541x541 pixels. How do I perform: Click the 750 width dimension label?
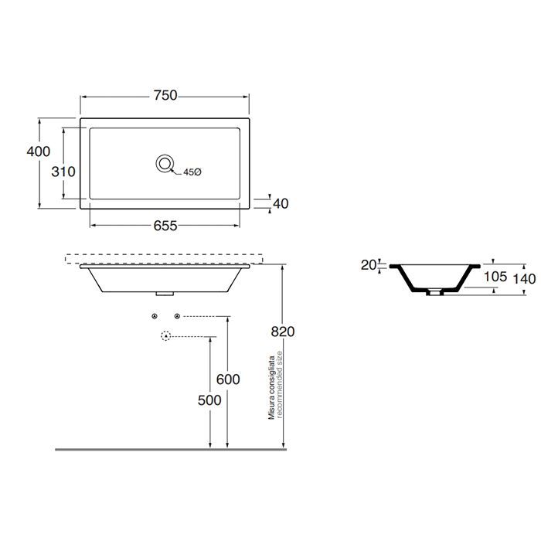click(x=165, y=95)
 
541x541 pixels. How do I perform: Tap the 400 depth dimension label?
click(x=39, y=151)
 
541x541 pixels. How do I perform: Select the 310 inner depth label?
click(x=63, y=172)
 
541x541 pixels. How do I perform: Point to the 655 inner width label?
click(x=165, y=226)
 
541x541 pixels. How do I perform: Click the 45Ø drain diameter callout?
click(x=192, y=172)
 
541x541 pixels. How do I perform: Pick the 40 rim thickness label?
click(x=281, y=203)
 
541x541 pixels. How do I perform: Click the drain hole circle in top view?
click(x=165, y=163)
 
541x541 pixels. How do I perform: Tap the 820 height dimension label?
click(x=283, y=332)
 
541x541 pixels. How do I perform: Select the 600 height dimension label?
click(x=228, y=379)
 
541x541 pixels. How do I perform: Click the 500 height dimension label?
click(x=209, y=400)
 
